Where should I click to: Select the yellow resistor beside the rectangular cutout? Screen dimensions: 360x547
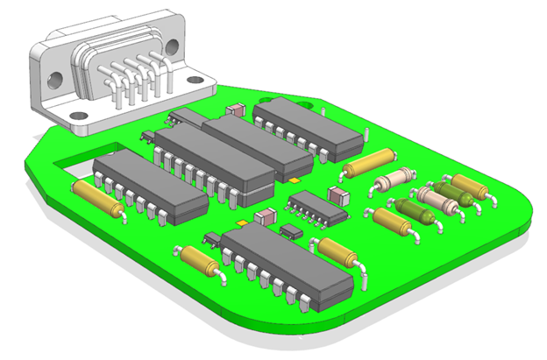pyautogui.click(x=97, y=197)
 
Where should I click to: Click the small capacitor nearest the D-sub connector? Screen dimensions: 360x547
pyautogui.click(x=235, y=110)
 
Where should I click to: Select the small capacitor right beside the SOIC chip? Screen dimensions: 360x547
pyautogui.click(x=338, y=192)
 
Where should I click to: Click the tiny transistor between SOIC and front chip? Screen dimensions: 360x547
pyautogui.click(x=288, y=230)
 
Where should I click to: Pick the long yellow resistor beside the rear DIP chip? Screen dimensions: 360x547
pyautogui.click(x=369, y=162)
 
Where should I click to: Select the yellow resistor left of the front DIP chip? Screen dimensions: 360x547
pyautogui.click(x=200, y=260)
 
